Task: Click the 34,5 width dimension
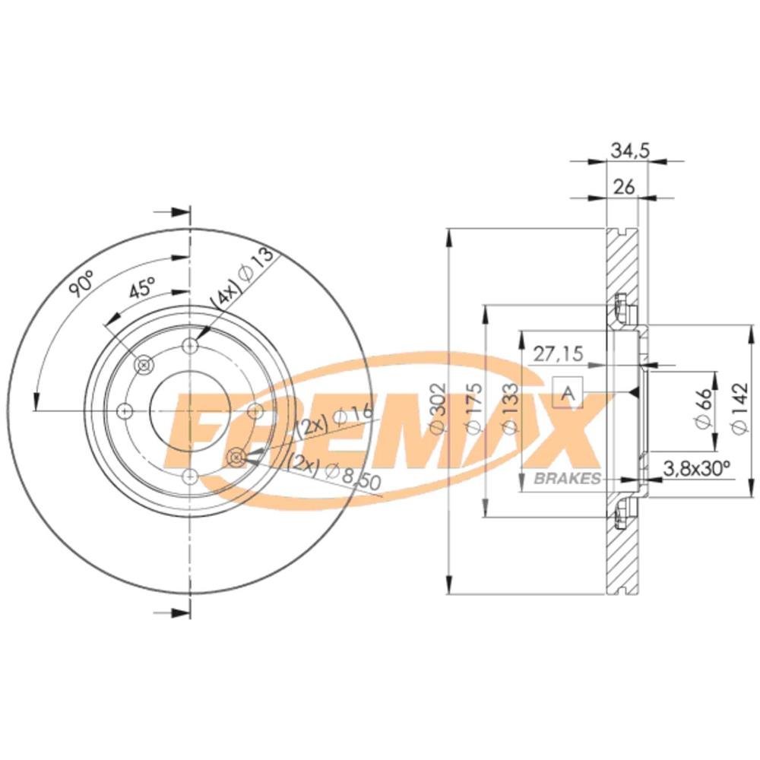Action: tap(629, 150)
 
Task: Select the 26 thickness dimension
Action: tap(624, 186)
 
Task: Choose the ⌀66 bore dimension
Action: tap(703, 407)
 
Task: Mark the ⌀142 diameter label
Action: tap(739, 407)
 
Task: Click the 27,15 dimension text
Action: tap(557, 353)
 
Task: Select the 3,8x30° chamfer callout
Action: tap(696, 467)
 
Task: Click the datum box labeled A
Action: tap(568, 393)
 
